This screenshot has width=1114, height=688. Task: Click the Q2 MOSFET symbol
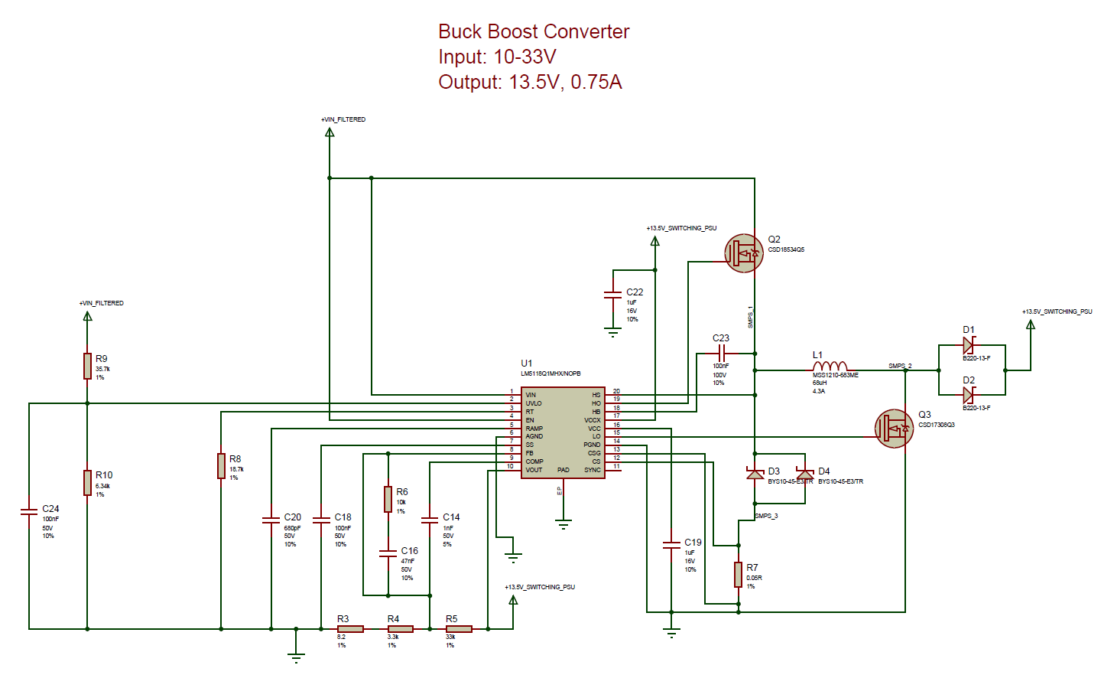pyautogui.click(x=743, y=253)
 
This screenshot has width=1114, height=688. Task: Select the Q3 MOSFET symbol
pyautogui.click(x=894, y=429)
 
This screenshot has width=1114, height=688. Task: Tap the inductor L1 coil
pyautogui.click(x=830, y=367)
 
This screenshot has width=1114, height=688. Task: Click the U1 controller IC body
pyautogui.click(x=563, y=432)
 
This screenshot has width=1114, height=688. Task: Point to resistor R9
pyautogui.click(x=88, y=366)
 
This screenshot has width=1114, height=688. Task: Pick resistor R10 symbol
pyautogui.click(x=88, y=483)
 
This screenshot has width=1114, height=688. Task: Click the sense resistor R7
pyautogui.click(x=739, y=574)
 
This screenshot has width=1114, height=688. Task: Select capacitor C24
pyautogui.click(x=29, y=511)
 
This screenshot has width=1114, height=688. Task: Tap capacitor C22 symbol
pyautogui.click(x=612, y=295)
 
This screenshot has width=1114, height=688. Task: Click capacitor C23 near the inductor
pyautogui.click(x=721, y=353)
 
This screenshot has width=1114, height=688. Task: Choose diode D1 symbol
pyautogui.click(x=969, y=345)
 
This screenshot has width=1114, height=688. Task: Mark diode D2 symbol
pyautogui.click(x=969, y=395)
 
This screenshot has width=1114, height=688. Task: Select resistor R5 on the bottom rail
pyautogui.click(x=459, y=629)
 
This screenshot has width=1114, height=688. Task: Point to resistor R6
pyautogui.click(x=388, y=499)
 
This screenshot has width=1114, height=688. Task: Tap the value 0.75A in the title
pyautogui.click(x=596, y=82)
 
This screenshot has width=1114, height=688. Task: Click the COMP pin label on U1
pyautogui.click(x=534, y=461)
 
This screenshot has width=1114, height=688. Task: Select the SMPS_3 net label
pyautogui.click(x=766, y=516)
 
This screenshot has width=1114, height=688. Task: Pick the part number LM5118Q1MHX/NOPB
pyautogui.click(x=551, y=373)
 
